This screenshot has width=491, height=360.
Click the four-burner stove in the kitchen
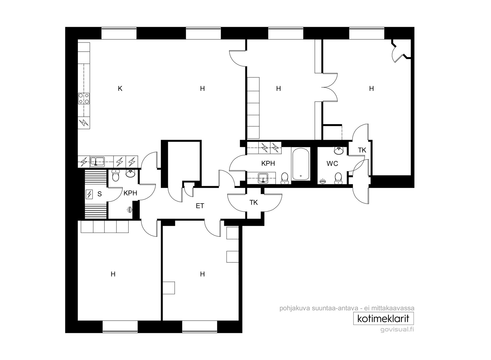tap(84, 99)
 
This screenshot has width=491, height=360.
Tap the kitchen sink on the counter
tap(98, 161)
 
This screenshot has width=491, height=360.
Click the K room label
tap(120, 89)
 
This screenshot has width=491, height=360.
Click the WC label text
tap(332, 164)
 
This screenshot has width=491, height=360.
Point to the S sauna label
tap(100, 194)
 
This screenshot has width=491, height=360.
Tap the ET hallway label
tap(200, 206)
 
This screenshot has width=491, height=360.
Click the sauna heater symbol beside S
tap(89, 194)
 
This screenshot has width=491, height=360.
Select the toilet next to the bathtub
tap(284, 178)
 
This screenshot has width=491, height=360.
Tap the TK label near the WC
tap(362, 150)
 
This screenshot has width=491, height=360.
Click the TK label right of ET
tap(253, 202)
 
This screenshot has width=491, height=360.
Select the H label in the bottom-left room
tap(113, 274)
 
